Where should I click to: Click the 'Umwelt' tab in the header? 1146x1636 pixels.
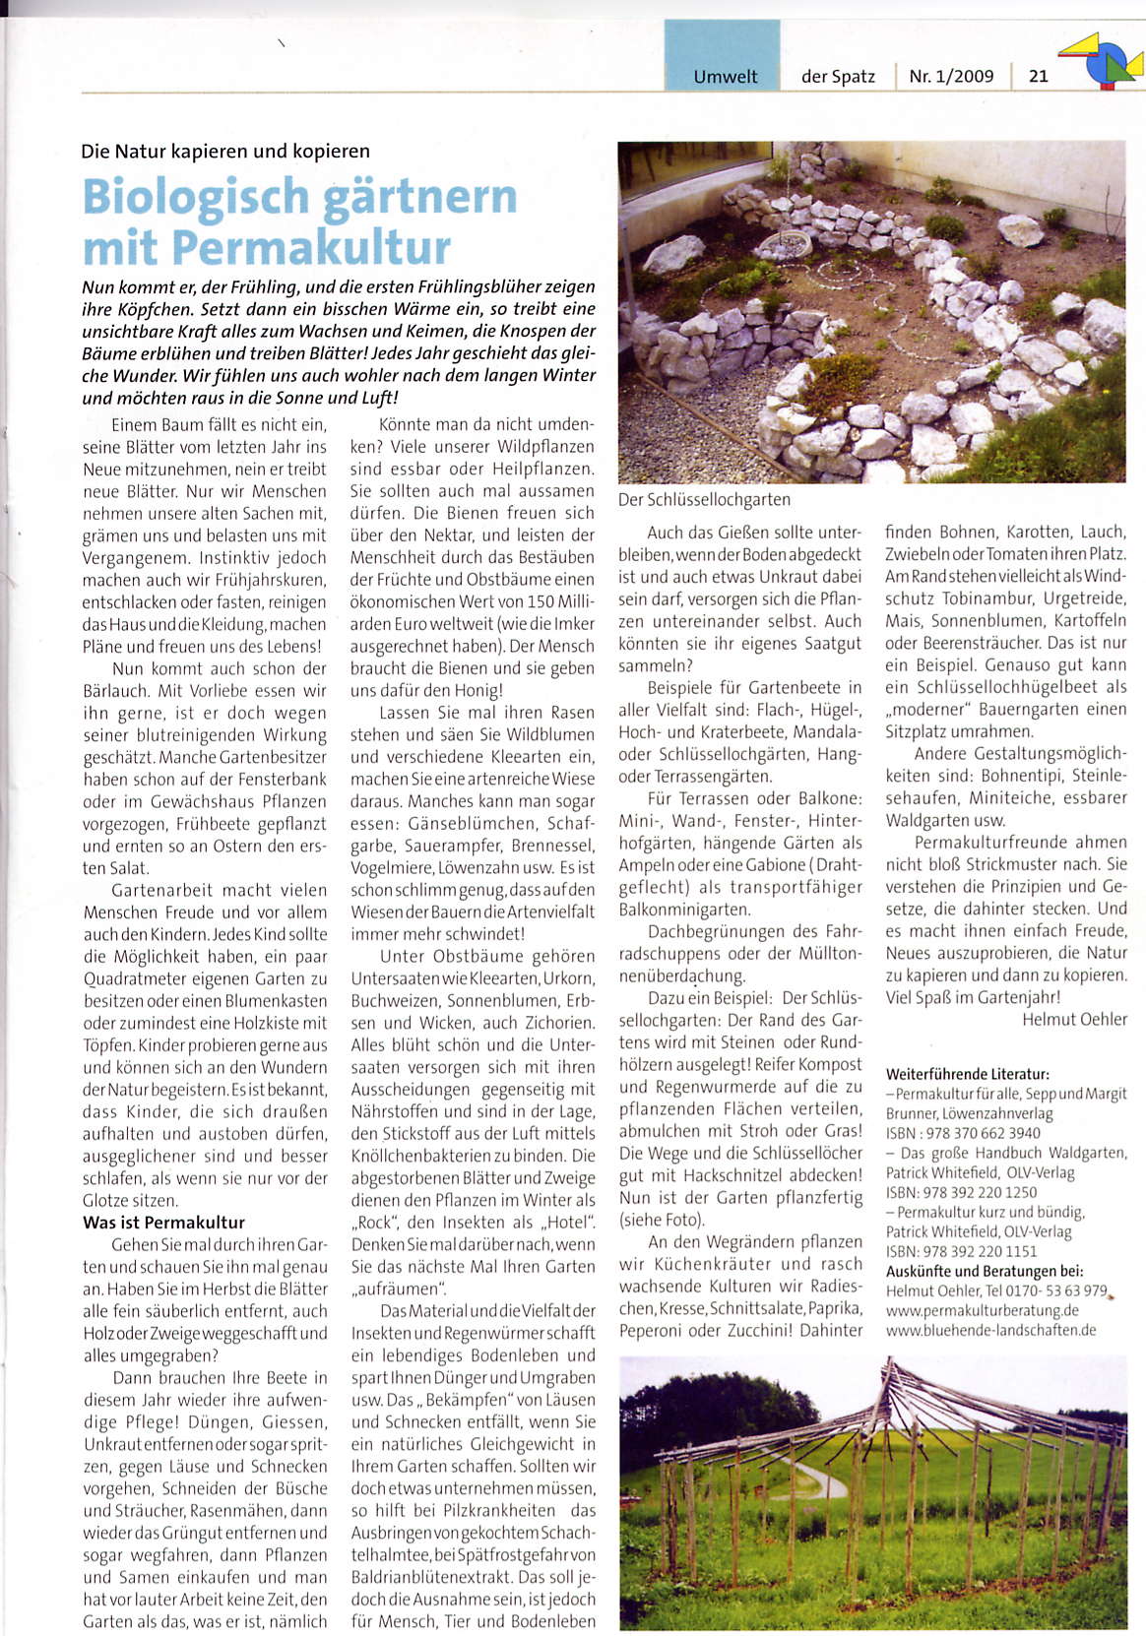click(x=725, y=76)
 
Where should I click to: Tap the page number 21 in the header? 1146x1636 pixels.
click(x=1038, y=76)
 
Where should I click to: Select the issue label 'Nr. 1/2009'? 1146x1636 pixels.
click(x=951, y=76)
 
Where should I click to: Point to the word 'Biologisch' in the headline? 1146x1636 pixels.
click(x=196, y=197)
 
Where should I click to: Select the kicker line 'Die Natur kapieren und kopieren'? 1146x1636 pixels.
click(x=225, y=152)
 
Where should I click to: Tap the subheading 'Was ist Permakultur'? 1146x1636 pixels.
click(x=163, y=1223)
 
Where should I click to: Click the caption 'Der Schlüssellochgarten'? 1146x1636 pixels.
click(x=704, y=500)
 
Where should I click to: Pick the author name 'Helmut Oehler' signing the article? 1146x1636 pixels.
click(x=1074, y=1020)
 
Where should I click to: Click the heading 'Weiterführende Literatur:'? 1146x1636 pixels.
click(x=967, y=1074)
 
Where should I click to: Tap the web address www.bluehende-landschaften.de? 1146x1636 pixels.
click(x=990, y=1330)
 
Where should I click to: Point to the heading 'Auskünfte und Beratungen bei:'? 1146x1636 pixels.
click(x=985, y=1271)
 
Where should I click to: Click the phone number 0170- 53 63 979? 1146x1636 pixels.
click(x=1055, y=1290)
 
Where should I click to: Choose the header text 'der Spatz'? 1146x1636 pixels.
click(x=838, y=76)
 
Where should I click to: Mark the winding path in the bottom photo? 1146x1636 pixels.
click(x=819, y=1477)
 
